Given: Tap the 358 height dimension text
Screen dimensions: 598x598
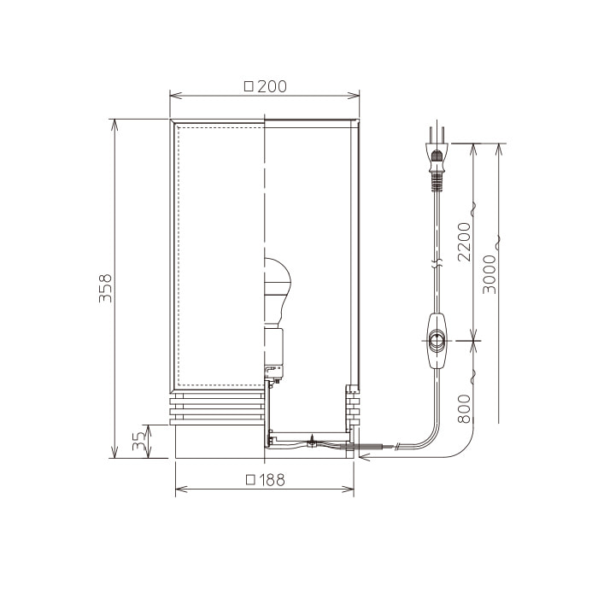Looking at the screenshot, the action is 105,288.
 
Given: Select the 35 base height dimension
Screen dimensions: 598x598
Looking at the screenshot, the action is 139,441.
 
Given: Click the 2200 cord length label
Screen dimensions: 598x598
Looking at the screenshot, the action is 464,242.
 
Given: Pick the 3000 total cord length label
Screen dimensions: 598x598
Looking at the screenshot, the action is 490,274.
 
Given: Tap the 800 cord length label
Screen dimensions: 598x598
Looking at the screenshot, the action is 464,409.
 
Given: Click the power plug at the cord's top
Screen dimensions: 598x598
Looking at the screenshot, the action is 437,160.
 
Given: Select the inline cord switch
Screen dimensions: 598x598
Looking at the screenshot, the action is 437,341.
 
